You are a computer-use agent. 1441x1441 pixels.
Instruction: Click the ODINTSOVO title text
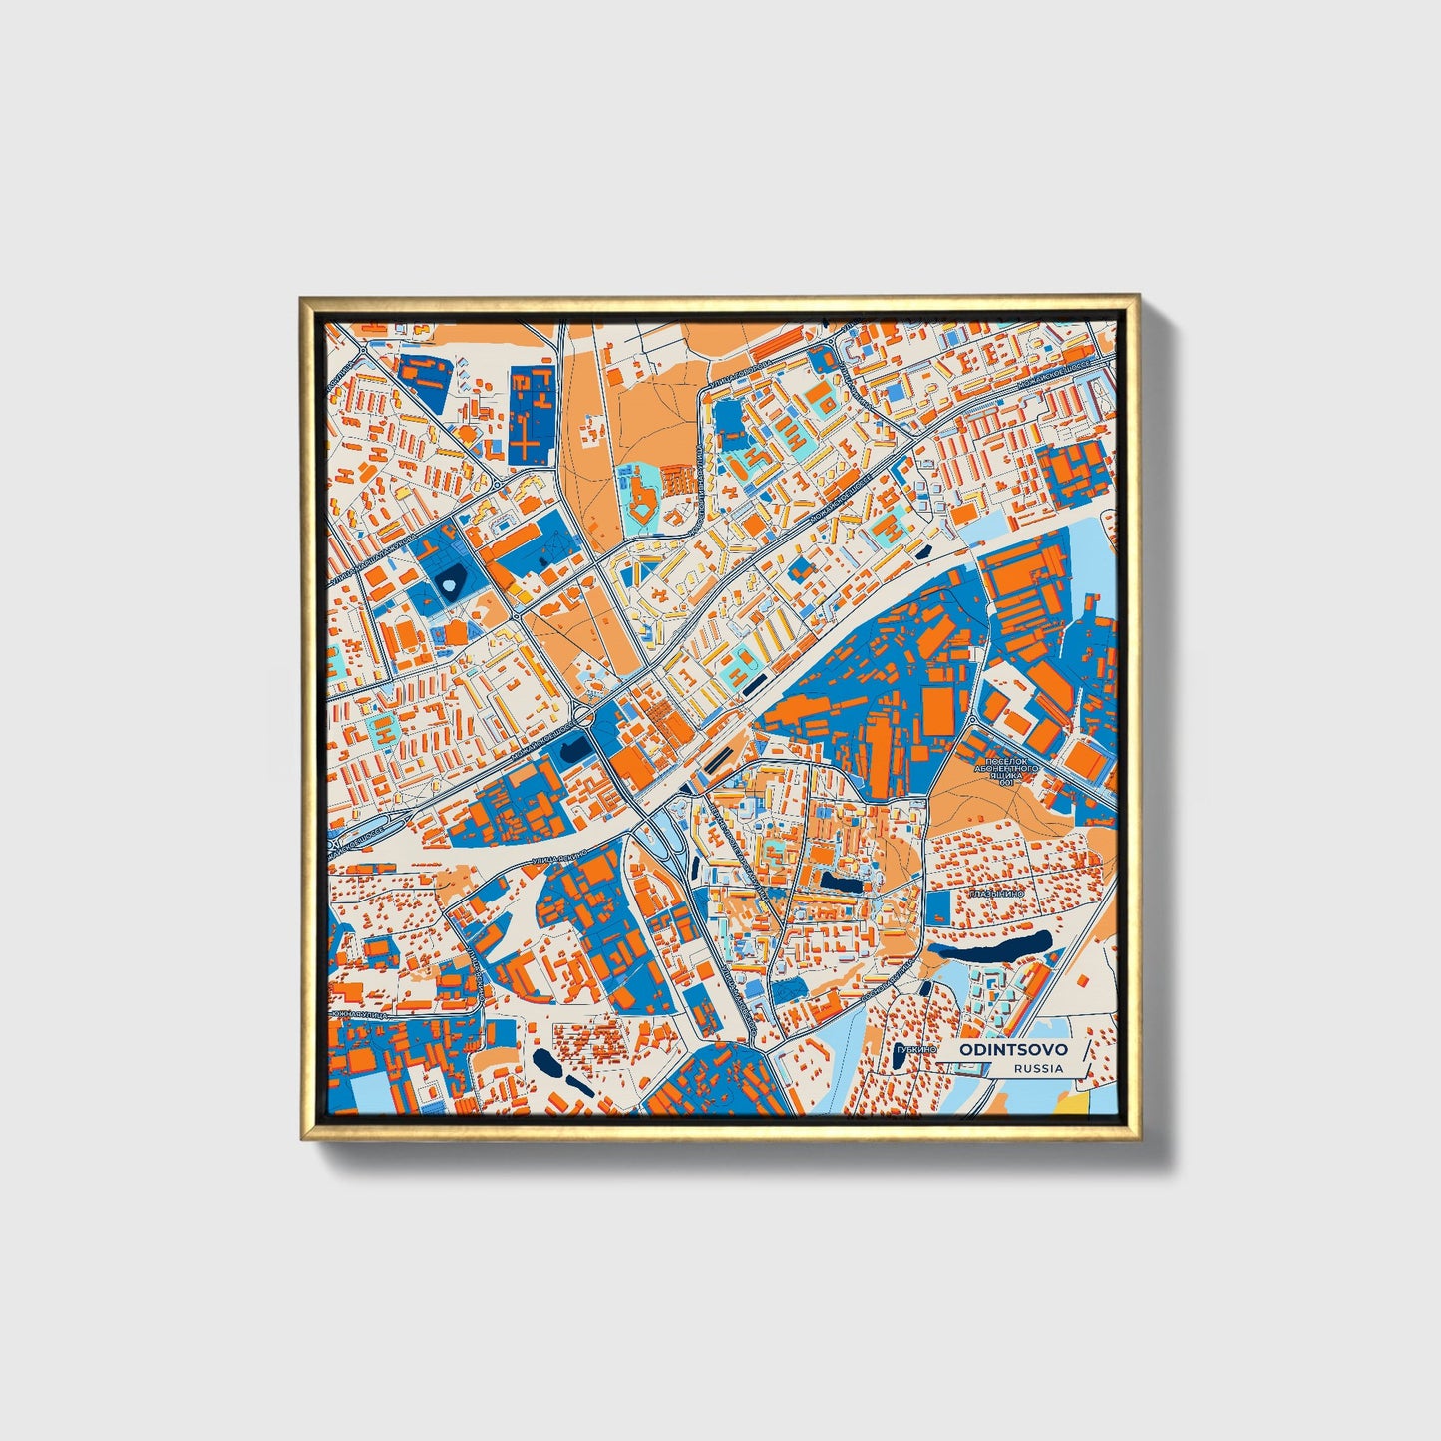tap(1013, 1049)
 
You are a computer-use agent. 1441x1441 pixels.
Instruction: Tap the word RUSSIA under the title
tap(1038, 1068)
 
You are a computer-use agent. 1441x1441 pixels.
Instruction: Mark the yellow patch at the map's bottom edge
tap(1071, 1103)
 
